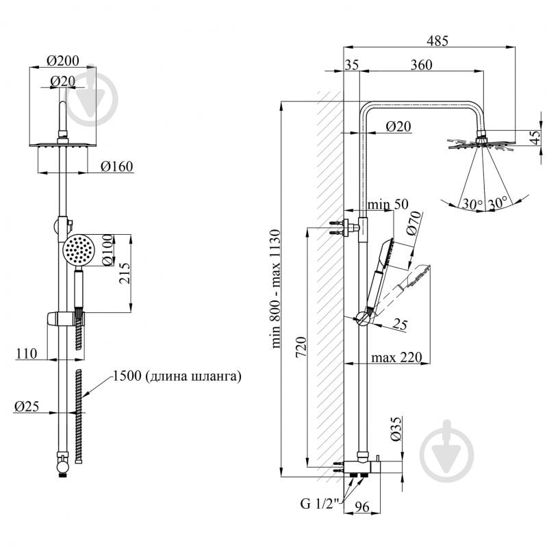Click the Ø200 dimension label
tap(62, 60)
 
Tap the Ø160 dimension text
tap(116, 166)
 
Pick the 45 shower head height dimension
tap(535, 138)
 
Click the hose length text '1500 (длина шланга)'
tap(177, 376)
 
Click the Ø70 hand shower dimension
tap(410, 223)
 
